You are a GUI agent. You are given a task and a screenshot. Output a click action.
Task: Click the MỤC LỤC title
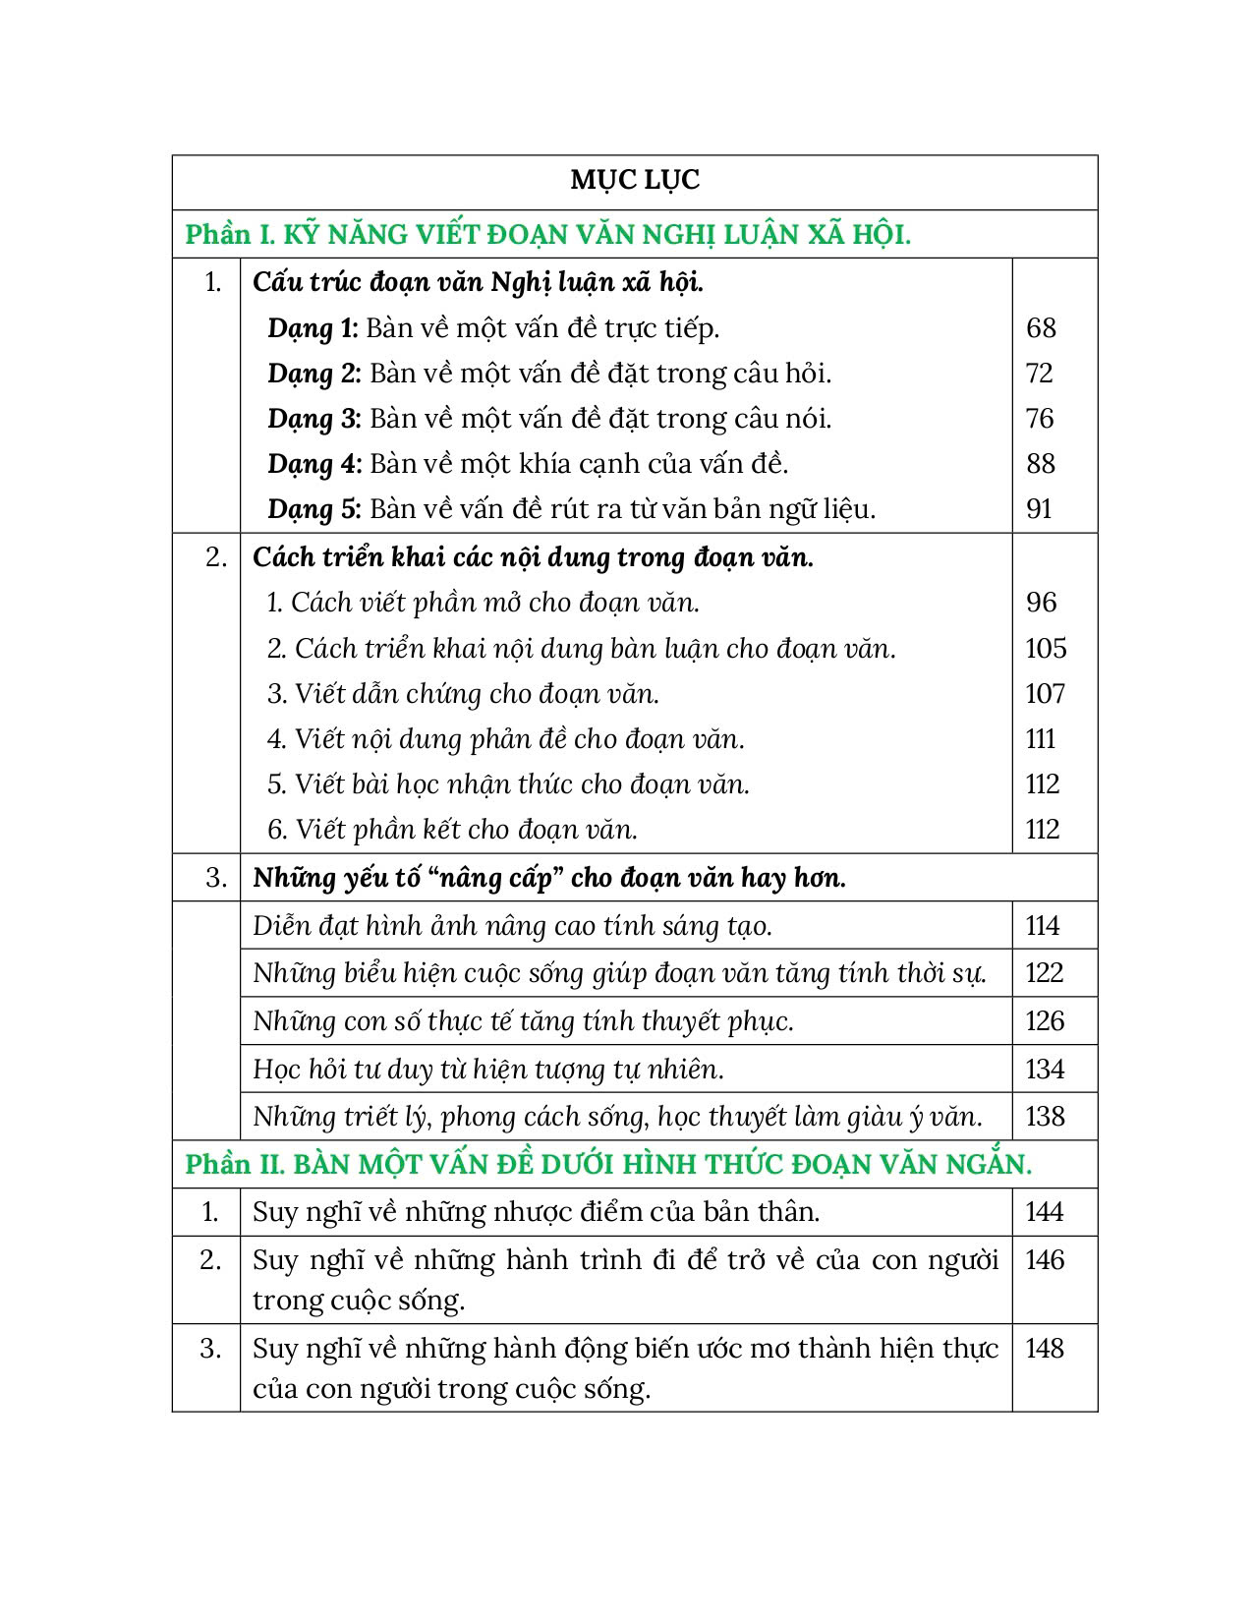[635, 180]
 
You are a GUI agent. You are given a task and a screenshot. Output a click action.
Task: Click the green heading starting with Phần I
[547, 235]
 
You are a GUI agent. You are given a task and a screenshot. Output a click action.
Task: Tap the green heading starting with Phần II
[608, 1165]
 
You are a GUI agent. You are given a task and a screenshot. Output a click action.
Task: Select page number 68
[1041, 328]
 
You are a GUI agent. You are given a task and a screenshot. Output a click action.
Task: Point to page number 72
[1039, 374]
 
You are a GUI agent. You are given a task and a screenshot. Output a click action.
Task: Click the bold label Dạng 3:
[314, 419]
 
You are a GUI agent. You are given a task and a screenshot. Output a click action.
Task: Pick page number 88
[1040, 464]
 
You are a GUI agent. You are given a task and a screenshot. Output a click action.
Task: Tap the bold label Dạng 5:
[314, 509]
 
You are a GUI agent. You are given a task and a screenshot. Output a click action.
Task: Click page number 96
[1041, 603]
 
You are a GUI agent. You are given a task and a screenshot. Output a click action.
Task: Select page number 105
[1045, 649]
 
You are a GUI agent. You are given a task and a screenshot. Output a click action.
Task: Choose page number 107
[1045, 694]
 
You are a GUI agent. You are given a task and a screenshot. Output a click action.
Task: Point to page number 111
[1041, 739]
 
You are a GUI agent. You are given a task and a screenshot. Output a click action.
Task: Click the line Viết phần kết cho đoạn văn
[453, 830]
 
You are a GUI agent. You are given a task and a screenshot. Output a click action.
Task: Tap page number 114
[1043, 926]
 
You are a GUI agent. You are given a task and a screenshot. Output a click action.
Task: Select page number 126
[1045, 1021]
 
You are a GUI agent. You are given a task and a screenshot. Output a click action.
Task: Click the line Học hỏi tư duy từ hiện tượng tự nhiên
[488, 1070]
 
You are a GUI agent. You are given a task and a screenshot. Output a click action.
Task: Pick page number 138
[1045, 1117]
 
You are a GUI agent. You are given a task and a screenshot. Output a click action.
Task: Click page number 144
[1044, 1212]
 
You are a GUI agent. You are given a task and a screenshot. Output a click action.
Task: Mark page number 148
[1045, 1349]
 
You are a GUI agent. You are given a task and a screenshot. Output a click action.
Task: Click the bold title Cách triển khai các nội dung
[533, 557]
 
